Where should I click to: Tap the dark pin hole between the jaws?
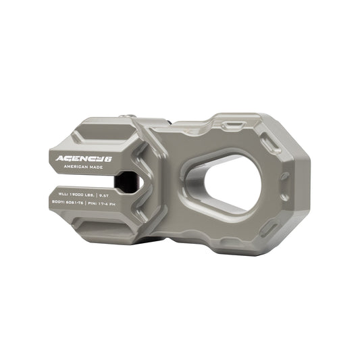point(125,181)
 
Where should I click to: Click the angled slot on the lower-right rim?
point(273,223)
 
